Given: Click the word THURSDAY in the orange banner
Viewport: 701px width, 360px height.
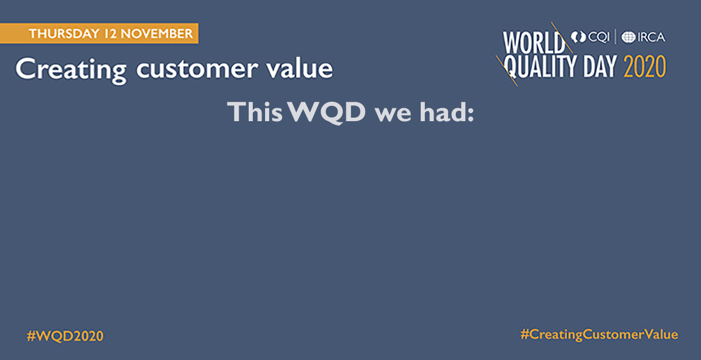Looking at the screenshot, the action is tap(64, 33).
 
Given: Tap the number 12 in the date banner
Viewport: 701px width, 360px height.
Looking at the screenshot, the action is tap(109, 33).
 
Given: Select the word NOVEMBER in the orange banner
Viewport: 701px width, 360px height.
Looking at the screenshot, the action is tap(156, 33).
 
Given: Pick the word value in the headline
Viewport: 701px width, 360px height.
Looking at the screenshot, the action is tap(300, 69).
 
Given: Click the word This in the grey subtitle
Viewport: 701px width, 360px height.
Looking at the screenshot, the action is tap(255, 112).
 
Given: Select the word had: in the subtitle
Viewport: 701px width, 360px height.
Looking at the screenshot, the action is tap(446, 112).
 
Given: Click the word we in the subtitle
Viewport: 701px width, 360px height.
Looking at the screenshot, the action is tap(393, 115).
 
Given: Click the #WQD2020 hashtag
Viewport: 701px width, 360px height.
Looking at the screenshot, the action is tap(66, 336).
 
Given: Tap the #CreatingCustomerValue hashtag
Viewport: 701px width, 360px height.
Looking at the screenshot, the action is tap(599, 334).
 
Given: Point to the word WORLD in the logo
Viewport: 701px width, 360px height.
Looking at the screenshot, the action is tap(534, 43).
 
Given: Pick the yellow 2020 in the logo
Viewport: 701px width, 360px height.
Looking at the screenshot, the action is tap(645, 67).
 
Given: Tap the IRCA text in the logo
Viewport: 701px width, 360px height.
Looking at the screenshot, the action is tap(651, 37).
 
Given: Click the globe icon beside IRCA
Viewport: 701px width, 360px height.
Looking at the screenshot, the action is tap(628, 37).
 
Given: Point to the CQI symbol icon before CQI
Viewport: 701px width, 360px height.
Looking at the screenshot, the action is tap(578, 37).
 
